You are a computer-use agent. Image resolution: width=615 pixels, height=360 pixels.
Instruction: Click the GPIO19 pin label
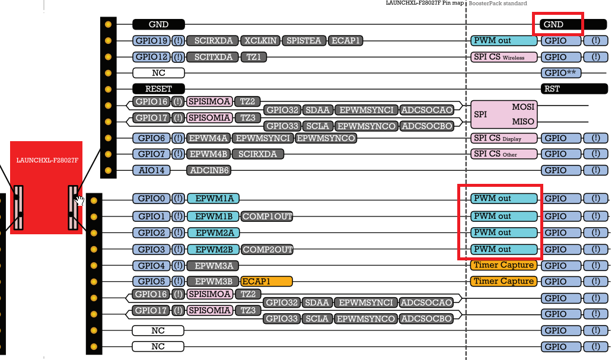coord(151,41)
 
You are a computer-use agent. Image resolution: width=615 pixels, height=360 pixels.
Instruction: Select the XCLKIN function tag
coord(260,41)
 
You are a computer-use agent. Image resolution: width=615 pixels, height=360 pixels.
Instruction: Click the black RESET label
coord(158,88)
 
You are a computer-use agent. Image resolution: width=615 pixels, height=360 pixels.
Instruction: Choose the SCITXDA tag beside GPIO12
coord(213,57)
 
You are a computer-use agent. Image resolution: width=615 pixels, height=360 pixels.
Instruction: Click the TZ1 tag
coord(254,57)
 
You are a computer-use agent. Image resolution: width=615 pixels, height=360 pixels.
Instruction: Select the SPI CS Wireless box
coord(504,57)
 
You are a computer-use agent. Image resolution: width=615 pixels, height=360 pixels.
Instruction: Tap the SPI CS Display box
coord(504,138)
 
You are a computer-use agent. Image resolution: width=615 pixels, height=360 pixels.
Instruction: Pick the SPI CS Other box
coord(504,154)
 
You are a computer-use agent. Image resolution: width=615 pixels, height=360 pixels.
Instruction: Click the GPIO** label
coord(560,73)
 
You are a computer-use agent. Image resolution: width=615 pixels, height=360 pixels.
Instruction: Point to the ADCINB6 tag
coord(209,170)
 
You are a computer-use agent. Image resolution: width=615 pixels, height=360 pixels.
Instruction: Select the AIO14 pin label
coord(151,170)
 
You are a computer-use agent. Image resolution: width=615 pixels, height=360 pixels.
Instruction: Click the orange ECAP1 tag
coord(266,281)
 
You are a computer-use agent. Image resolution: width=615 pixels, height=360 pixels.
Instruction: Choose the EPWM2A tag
coord(214,232)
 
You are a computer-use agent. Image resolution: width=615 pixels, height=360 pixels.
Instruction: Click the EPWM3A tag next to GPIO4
coord(214,266)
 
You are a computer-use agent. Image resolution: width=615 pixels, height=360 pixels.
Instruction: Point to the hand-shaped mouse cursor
coord(79,200)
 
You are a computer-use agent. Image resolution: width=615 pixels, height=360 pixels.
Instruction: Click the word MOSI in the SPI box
coord(522,107)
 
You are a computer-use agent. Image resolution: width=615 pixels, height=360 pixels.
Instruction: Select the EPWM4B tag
coord(208,154)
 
